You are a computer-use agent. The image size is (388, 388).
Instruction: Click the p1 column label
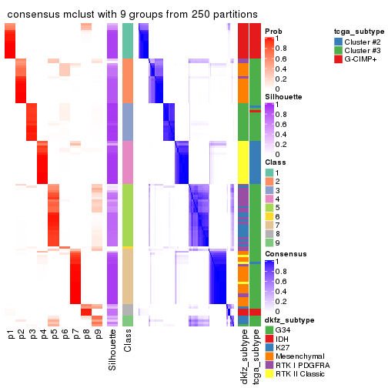pyautogui.click(x=11, y=334)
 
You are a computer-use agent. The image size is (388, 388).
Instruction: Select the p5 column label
pyautogui.click(x=54, y=334)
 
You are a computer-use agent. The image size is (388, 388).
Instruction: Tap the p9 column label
pyautogui.click(x=98, y=334)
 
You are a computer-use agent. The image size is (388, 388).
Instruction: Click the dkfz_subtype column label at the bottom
pyautogui.click(x=242, y=356)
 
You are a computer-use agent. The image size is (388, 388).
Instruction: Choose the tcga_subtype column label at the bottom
pyautogui.click(x=254, y=356)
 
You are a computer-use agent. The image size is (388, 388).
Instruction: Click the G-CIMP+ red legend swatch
pyautogui.click(x=339, y=58)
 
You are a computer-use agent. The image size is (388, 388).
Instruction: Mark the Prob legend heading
pyautogui.click(x=273, y=31)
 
